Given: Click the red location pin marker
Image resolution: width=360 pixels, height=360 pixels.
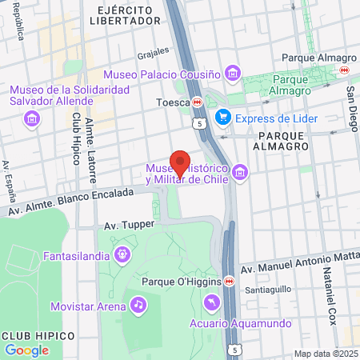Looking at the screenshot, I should tap(180, 162).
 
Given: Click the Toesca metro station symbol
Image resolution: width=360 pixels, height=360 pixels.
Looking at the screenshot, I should tap(197, 102).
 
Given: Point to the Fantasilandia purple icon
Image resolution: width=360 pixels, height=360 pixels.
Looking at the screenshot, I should tap(122, 254).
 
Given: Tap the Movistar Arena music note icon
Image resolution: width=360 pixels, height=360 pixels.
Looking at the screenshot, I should tap(138, 306).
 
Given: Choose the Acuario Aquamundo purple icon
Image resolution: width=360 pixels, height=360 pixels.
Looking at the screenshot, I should tap(211, 302).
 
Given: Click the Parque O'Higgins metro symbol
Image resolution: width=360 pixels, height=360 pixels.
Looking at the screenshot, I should tap(230, 282).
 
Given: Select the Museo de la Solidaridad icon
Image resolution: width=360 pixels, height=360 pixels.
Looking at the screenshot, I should tap(32, 119).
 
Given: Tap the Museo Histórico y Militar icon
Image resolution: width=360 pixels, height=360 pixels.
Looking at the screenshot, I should tap(238, 172).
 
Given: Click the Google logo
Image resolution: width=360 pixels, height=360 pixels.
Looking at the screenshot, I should tap(26, 350).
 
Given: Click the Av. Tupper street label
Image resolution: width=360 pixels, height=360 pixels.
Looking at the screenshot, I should tap(129, 226).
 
